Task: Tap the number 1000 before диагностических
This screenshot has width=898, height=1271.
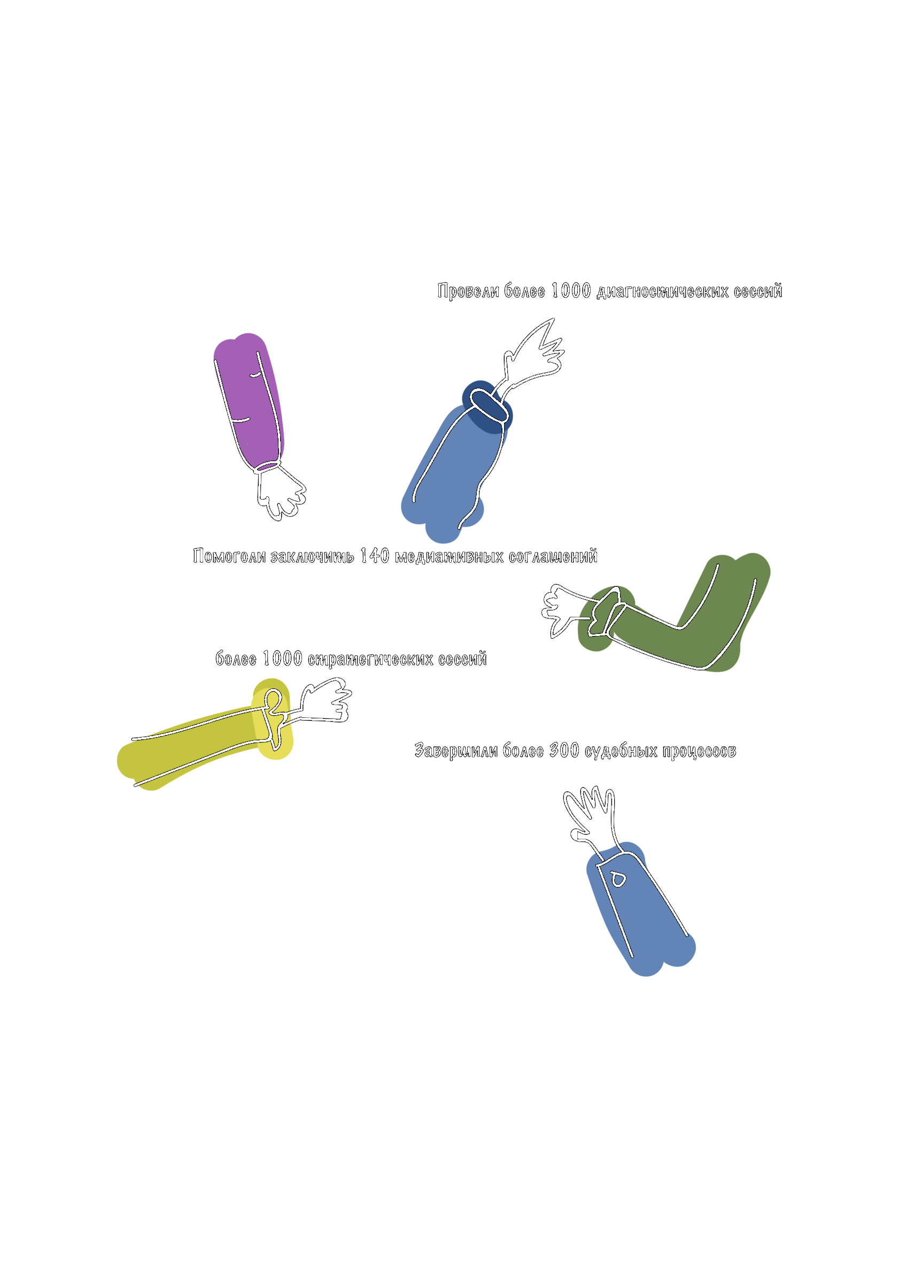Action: pyautogui.click(x=571, y=291)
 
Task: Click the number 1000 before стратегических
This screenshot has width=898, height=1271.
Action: pyautogui.click(x=282, y=659)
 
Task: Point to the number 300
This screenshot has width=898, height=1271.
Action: pyautogui.click(x=564, y=751)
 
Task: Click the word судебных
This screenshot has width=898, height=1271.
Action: pyautogui.click(x=620, y=752)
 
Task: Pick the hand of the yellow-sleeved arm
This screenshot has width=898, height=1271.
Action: pyautogui.click(x=324, y=702)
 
